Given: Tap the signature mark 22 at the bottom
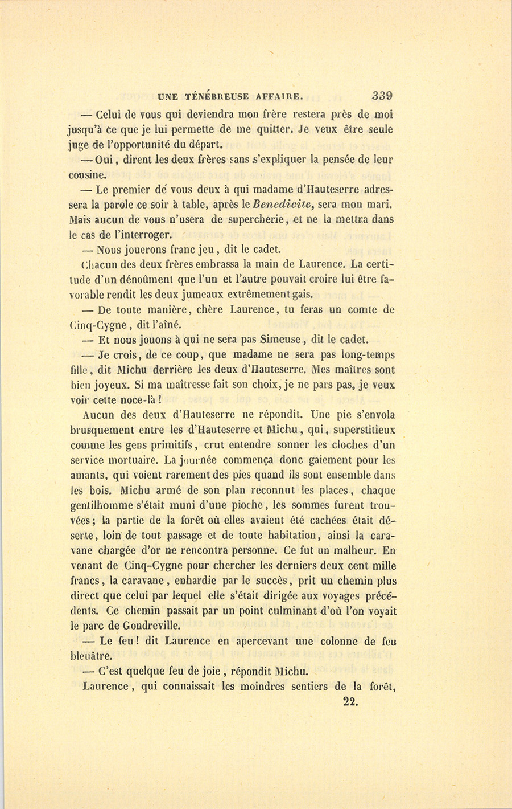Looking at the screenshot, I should coord(350,701).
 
